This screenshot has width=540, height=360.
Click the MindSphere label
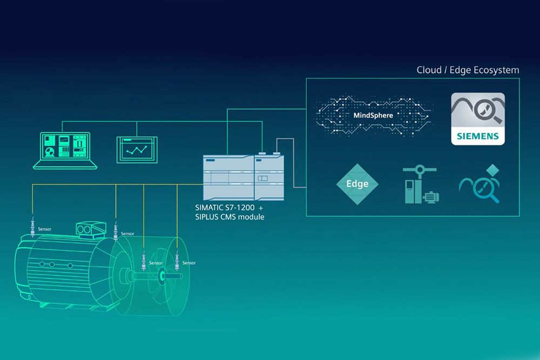click(x=373, y=115)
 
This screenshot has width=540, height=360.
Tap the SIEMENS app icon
click(x=478, y=119)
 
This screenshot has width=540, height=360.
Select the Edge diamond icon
click(x=357, y=184)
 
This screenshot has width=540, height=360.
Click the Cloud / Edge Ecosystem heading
click(x=468, y=70)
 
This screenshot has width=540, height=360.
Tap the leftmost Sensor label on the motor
click(x=44, y=229)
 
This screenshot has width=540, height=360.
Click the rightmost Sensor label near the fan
click(x=189, y=263)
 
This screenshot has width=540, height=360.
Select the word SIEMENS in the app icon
click(x=478, y=137)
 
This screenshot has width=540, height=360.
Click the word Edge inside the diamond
click(x=357, y=184)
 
